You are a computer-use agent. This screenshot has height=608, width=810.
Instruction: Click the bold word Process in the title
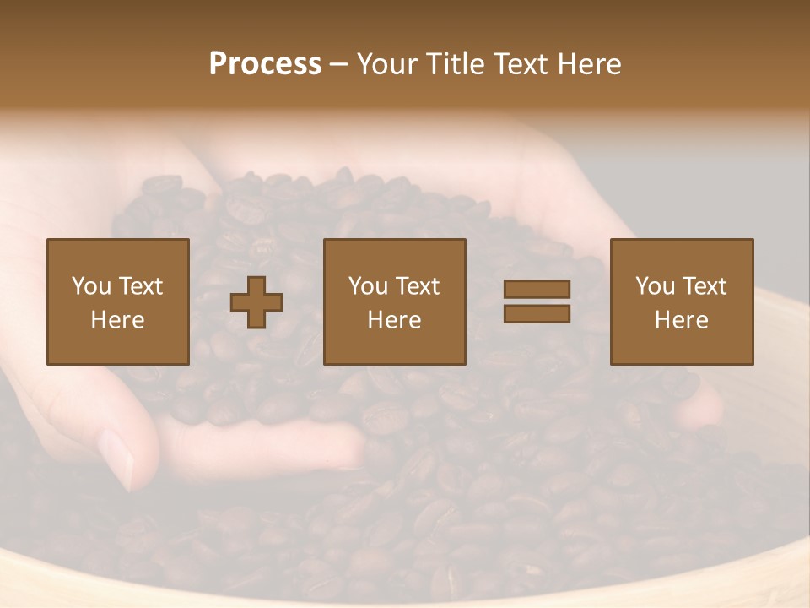(265, 64)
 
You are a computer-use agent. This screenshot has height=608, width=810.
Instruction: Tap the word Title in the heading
(454, 64)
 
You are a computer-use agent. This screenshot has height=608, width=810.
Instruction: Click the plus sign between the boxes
(256, 302)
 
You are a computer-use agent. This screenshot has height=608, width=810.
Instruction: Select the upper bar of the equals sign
(537, 289)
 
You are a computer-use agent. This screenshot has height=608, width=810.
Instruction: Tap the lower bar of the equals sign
(537, 314)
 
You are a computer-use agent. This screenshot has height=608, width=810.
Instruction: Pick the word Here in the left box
(118, 320)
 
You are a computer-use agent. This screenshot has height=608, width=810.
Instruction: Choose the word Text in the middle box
(417, 286)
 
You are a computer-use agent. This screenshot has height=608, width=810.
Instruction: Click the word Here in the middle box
(395, 320)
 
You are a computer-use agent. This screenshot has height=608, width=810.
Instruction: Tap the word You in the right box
(655, 286)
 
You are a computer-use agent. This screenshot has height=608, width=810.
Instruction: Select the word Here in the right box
(682, 320)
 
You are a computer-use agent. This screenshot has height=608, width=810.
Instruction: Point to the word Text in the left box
(140, 286)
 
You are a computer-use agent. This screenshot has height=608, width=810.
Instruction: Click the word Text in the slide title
(516, 64)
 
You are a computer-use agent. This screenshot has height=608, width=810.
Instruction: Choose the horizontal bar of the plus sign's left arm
(240, 302)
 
